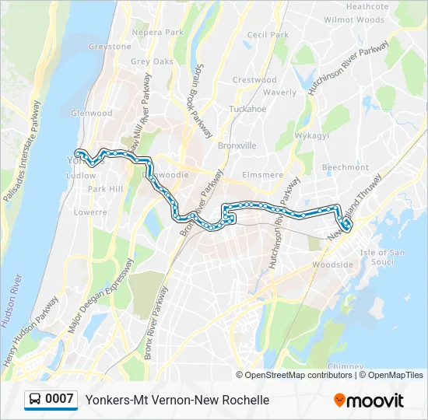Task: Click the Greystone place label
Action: click(110, 47)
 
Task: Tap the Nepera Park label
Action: click(157, 33)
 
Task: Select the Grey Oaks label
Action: click(152, 61)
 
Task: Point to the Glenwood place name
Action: click(91, 113)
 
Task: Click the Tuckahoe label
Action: click(248, 109)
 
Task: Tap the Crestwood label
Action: click(254, 80)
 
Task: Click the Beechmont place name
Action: click(345, 167)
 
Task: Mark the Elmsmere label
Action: click(262, 175)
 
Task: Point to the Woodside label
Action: click(332, 264)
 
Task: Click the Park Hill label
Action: click(105, 189)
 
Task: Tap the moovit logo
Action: click(369, 401)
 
